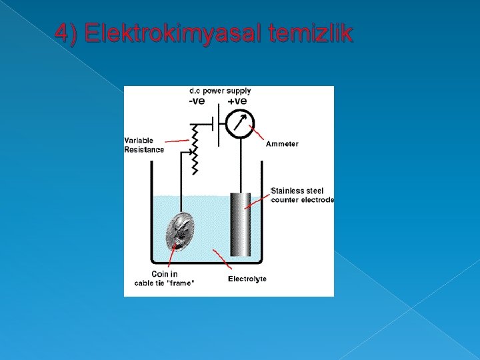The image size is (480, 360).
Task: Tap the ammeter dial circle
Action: click(239, 123)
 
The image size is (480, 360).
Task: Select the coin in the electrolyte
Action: click(179, 231)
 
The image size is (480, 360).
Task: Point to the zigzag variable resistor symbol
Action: click(195, 150)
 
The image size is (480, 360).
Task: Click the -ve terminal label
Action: click(197, 101)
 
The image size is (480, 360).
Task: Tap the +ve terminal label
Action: click(237, 101)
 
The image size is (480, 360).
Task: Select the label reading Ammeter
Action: click(282, 144)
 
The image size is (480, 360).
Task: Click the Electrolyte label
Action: click(247, 279)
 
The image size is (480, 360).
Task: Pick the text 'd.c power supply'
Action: click(220, 91)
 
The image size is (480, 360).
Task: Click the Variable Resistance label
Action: click(143, 145)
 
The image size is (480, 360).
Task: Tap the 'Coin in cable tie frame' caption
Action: click(165, 279)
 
